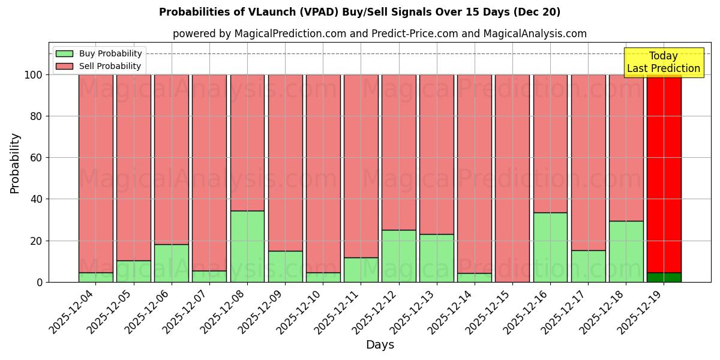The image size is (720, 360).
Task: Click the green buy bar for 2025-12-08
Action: coord(247,246)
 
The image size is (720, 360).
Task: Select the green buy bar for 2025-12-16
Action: coord(550,247)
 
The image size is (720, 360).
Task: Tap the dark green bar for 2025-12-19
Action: coord(664,277)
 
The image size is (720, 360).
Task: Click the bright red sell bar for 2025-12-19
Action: coord(664,174)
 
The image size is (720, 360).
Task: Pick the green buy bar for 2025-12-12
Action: coord(398,256)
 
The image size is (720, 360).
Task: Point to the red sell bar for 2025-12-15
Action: coord(512,178)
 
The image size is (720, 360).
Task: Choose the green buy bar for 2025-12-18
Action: coord(626,251)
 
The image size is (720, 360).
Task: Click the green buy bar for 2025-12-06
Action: coord(172,263)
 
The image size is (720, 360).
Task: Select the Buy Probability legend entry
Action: coord(99,53)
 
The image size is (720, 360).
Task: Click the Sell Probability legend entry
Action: coord(99,66)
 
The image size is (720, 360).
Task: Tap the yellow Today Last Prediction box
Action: coord(663,62)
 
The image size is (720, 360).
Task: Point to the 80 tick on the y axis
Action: coord(37,116)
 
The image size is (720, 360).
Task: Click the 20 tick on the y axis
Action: coord(37,241)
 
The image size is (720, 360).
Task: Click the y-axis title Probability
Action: coord(15,163)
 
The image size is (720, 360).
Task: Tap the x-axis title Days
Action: coord(380,345)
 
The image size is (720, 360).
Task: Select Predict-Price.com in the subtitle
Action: coord(415,34)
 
